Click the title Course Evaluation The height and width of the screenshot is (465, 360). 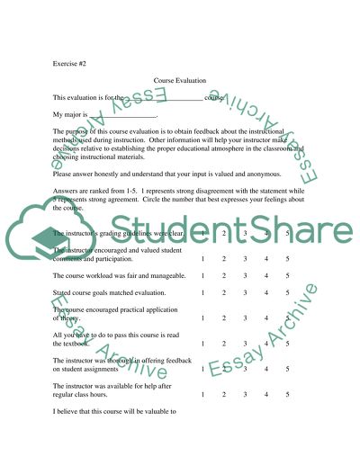pyautogui.click(x=180, y=81)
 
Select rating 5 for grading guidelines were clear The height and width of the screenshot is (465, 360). pyautogui.click(x=287, y=233)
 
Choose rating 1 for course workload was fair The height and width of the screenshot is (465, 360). pyautogui.click(x=203, y=275)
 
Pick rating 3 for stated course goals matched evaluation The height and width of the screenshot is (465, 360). pyautogui.click(x=244, y=292)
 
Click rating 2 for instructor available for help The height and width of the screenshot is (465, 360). pyautogui.click(x=223, y=395)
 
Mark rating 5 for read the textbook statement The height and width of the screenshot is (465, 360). pyautogui.click(x=287, y=344)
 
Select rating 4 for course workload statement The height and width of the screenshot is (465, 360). pyautogui.click(x=266, y=275)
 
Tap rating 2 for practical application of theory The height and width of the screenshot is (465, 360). pyautogui.click(x=223, y=317)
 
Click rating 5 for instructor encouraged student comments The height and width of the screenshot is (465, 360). pyautogui.click(x=287, y=258)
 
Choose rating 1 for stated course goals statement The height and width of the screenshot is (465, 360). pyautogui.click(x=203, y=292)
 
